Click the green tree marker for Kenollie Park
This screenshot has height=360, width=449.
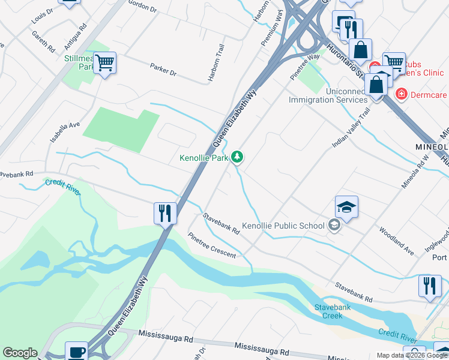click(x=238, y=157)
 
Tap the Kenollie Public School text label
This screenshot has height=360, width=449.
click(x=283, y=226)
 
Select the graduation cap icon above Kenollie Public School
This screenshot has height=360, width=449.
click(x=346, y=207)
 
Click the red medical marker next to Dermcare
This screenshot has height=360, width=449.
click(x=401, y=94)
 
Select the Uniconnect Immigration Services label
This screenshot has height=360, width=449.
click(x=328, y=95)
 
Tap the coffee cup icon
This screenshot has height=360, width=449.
click(x=76, y=352)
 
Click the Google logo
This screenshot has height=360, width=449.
click(x=20, y=353)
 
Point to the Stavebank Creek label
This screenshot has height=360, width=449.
click(x=328, y=311)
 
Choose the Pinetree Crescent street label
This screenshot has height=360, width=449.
click(x=212, y=245)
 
